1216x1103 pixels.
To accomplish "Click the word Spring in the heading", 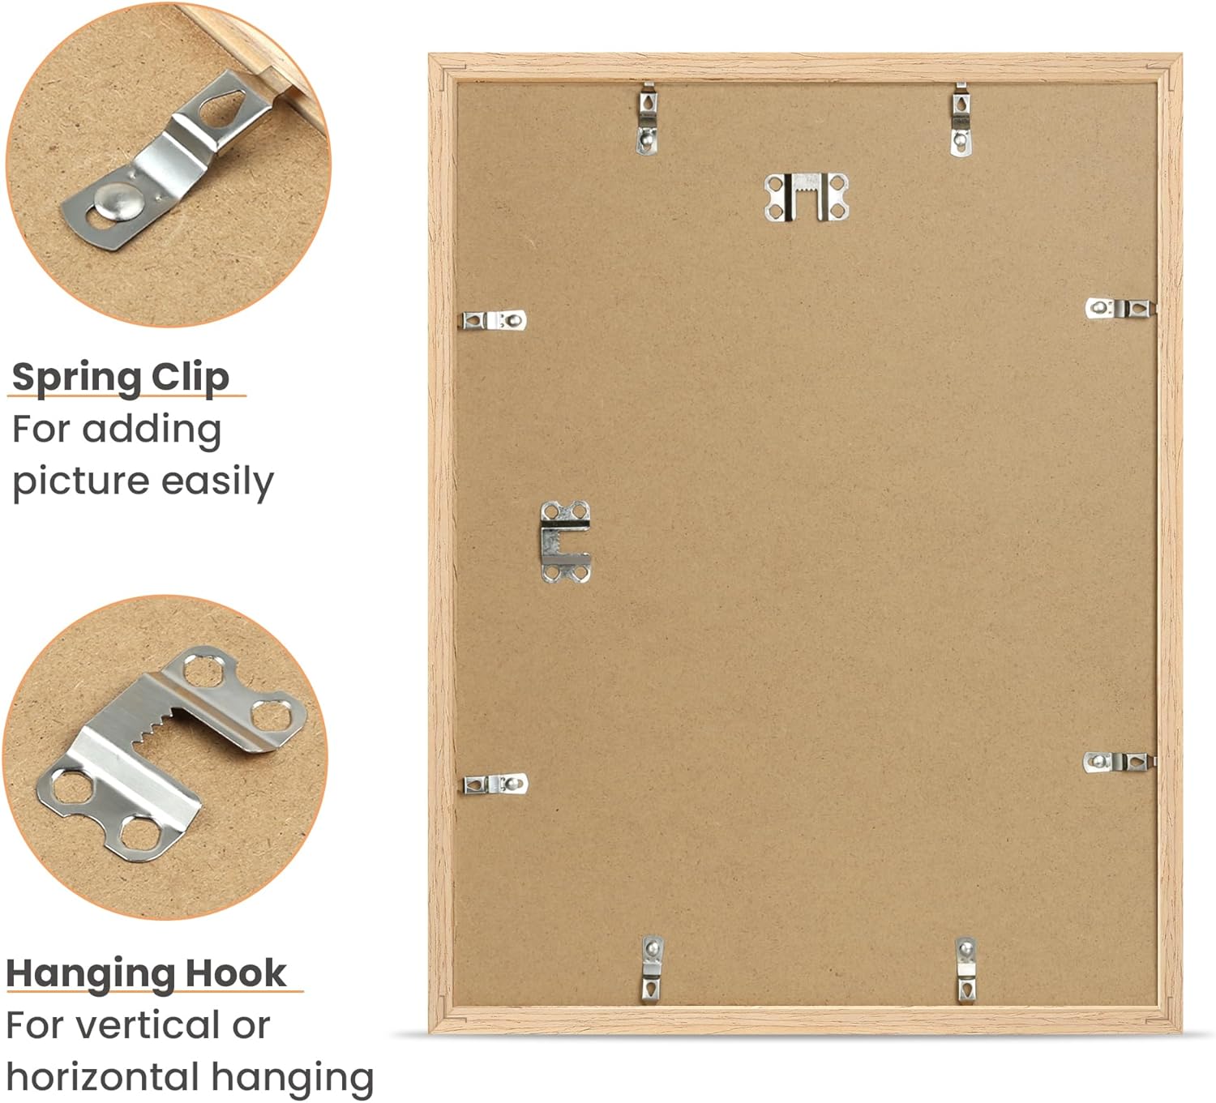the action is [x=76, y=378].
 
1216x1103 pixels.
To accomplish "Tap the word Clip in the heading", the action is [x=191, y=378].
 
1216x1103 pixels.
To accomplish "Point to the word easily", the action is [x=217, y=483].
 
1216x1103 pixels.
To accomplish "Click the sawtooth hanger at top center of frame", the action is [x=807, y=196].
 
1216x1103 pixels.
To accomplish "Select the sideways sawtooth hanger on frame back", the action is [x=565, y=542].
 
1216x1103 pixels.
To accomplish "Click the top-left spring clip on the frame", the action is [x=648, y=119].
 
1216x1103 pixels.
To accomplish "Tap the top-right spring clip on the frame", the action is [x=960, y=120].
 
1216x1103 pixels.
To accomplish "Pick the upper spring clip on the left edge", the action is [x=494, y=320].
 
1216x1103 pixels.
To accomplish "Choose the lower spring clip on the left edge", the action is [x=495, y=784].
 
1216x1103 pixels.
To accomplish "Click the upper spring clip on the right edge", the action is [x=1120, y=309].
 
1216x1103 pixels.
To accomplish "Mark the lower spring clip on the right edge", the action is [x=1119, y=762].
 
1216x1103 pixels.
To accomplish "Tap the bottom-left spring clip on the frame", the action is [x=653, y=969].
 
